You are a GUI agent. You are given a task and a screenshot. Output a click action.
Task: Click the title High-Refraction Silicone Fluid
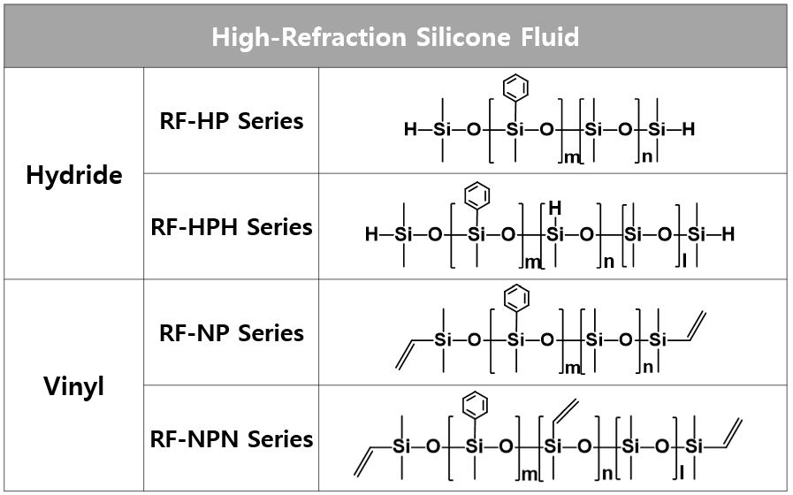395,37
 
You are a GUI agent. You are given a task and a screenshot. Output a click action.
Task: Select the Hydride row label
74,175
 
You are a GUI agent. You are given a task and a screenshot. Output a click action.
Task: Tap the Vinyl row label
74,386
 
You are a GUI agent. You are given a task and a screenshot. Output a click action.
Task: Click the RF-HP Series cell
232,121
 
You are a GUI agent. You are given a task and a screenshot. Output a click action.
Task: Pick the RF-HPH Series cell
232,227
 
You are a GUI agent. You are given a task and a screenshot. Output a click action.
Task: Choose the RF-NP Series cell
232,333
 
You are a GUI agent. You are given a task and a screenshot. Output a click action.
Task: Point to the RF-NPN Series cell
232,439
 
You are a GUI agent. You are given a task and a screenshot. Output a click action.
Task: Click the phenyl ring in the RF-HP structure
515,88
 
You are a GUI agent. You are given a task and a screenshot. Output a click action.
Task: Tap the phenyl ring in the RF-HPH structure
476,194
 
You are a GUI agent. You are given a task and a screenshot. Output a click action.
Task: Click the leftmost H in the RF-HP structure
409,130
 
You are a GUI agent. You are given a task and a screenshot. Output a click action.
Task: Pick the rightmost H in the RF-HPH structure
728,235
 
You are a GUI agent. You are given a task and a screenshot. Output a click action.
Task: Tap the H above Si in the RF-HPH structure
555,208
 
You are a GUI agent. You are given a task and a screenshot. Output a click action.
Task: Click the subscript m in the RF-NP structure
572,368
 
